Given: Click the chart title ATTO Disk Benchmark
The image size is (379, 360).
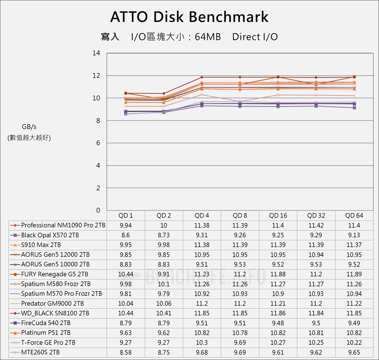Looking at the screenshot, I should tap(189, 17).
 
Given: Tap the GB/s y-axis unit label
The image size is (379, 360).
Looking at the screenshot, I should tap(29, 127).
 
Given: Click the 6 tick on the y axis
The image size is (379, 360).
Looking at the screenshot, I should tap(98, 143).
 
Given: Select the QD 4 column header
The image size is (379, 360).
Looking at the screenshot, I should tap(202, 216).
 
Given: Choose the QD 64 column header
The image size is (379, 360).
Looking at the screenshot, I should tap(354, 216).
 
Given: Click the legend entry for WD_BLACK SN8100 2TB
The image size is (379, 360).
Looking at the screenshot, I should tap(55, 313).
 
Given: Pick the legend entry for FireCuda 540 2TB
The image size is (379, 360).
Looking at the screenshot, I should tap(46, 323).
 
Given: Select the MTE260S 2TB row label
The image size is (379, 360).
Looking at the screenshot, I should tap(40, 352).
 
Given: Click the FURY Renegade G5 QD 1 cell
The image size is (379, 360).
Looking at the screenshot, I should tap(126, 274).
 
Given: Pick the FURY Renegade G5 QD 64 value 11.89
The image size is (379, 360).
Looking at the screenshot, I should tap(354, 274).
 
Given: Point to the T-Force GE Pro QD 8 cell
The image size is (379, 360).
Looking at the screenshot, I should tap(240, 342).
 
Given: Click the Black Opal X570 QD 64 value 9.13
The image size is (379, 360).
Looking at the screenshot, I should tap(354, 235).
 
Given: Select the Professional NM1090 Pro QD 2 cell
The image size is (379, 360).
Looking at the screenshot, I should tap(164, 225).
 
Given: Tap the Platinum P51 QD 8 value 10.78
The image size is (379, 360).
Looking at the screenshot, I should tap(240, 333).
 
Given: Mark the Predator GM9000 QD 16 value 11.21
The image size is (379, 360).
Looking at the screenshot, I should tap(278, 303).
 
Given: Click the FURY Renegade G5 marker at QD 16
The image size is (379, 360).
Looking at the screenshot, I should tap(278, 77).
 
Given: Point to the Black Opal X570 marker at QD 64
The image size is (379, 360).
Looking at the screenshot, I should tap(354, 108).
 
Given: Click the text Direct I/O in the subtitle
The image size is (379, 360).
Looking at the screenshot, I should tap(255, 37).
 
